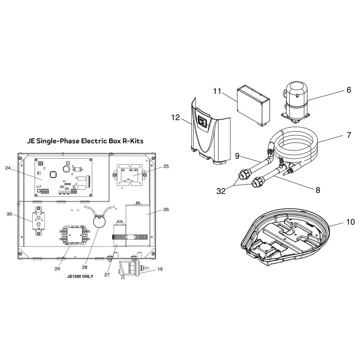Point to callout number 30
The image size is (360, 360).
9,214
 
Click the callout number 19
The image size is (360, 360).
160,269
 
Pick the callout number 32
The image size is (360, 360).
220,191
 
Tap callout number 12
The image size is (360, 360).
176,118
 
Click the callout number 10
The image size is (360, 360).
350,222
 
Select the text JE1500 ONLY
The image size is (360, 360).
80,276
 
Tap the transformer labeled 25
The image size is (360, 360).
130,175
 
